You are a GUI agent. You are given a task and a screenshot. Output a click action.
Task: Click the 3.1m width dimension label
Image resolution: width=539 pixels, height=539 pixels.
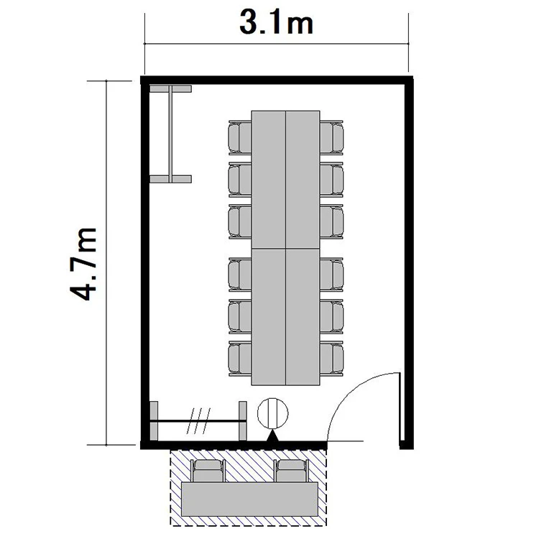[x=277, y=24]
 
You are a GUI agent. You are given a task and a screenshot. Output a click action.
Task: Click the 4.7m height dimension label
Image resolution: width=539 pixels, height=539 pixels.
[x=83, y=264]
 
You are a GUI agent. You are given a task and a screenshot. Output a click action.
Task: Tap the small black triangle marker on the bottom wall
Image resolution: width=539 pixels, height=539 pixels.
[x=272, y=436]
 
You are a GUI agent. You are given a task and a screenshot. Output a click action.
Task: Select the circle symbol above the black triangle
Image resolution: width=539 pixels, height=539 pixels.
[x=272, y=413]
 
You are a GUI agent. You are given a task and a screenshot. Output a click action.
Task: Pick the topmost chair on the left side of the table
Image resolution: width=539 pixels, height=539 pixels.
[x=240, y=137]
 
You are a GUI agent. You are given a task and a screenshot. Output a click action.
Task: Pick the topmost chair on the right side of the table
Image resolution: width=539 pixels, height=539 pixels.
[x=332, y=137]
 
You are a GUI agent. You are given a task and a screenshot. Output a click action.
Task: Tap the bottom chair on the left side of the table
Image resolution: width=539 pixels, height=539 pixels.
[x=240, y=359]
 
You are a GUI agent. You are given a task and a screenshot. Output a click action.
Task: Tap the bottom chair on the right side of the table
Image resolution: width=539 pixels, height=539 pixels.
[x=332, y=359]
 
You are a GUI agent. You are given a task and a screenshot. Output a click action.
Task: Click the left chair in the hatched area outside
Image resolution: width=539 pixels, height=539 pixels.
[x=208, y=471]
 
